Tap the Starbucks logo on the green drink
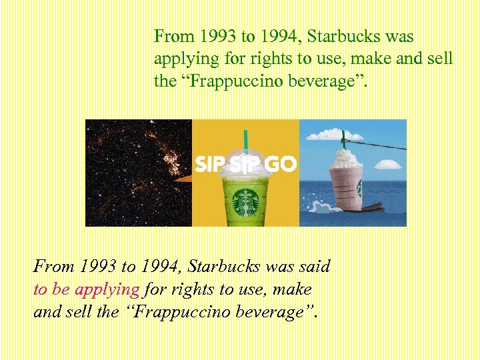click(x=247, y=201)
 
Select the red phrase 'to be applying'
click(x=87, y=290)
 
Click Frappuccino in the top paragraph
click(x=237, y=81)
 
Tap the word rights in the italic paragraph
click(x=191, y=290)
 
